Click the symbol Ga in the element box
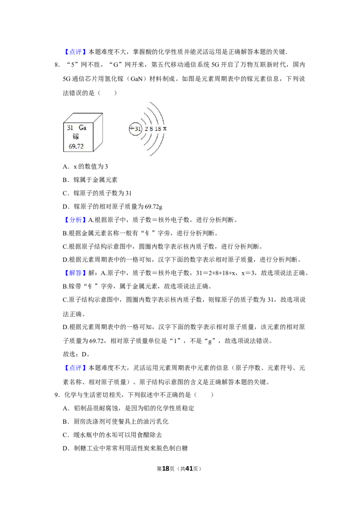click(x=82, y=128)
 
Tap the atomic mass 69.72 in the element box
click(x=76, y=147)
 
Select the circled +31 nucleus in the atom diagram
click(x=135, y=129)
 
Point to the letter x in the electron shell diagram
click(x=165, y=129)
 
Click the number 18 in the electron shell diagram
click(x=158, y=129)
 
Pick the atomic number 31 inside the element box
click(x=70, y=128)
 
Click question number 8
click(x=57, y=65)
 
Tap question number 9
click(x=57, y=395)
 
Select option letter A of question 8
click(x=66, y=166)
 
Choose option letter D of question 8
click(x=66, y=206)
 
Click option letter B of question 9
click(x=66, y=422)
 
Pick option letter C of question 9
click(x=66, y=435)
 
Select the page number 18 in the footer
click(x=166, y=469)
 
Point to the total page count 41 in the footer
click(x=189, y=469)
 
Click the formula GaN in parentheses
click(x=136, y=79)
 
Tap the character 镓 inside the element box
click(x=76, y=137)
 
